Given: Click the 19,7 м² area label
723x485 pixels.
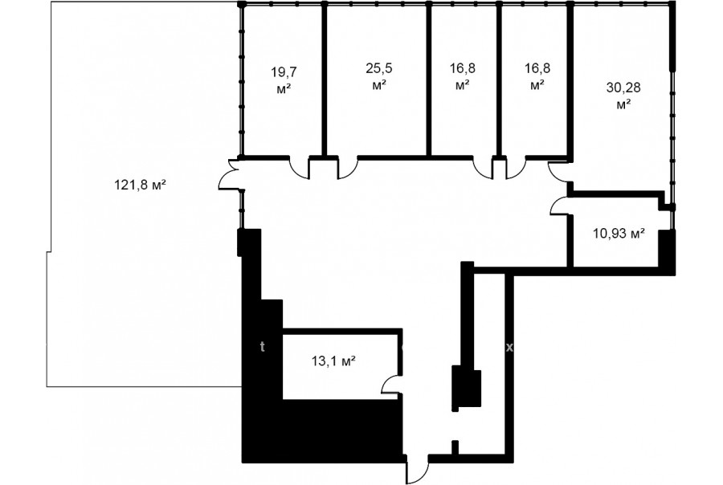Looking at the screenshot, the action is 284,80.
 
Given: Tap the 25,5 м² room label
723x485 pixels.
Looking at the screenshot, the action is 379,76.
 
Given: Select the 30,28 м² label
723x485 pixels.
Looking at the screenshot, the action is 623,96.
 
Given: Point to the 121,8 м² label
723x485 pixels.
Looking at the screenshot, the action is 140,185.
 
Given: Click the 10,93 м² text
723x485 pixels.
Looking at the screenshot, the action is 619,234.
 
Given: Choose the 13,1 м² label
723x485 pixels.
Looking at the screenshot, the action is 333,361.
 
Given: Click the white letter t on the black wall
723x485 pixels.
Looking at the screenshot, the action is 263,347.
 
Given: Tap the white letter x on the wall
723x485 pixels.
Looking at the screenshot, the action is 509,348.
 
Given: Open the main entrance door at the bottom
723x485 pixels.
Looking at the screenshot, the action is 418,471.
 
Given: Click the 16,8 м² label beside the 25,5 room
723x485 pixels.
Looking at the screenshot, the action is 463,76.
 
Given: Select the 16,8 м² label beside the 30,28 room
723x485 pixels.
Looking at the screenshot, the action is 537,76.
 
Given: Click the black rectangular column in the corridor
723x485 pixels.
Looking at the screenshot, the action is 467,387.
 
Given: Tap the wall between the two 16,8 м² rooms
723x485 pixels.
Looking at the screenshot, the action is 499,79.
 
